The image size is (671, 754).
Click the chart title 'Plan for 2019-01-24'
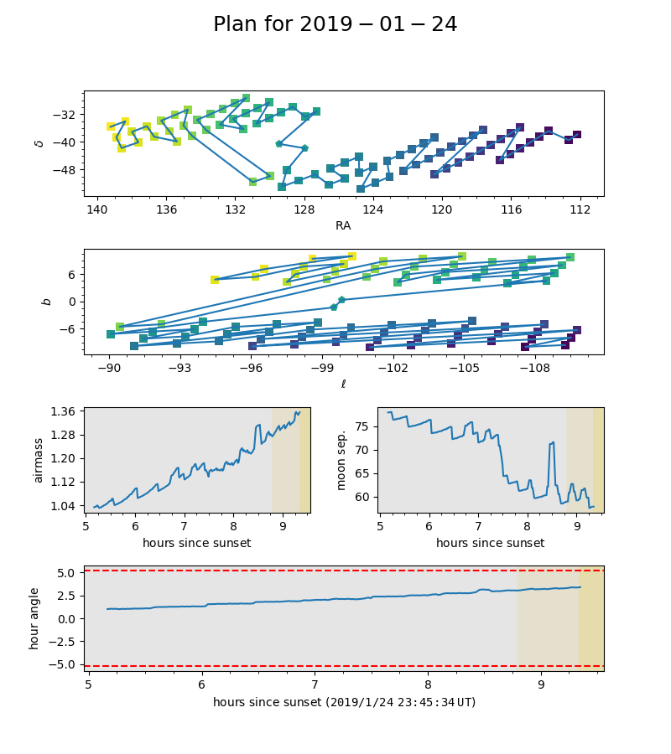(x=335, y=24)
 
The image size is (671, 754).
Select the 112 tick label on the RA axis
(x=580, y=209)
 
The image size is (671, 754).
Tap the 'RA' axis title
(x=343, y=225)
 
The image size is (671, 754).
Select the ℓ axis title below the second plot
(x=343, y=384)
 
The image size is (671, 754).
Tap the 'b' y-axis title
(x=47, y=302)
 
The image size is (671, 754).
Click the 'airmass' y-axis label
(x=38, y=460)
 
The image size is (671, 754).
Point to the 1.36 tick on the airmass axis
(x=64, y=411)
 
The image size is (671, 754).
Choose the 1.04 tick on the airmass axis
(x=64, y=506)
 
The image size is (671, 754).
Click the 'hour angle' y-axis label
(x=34, y=618)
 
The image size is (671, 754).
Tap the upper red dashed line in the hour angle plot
(x=335, y=571)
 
